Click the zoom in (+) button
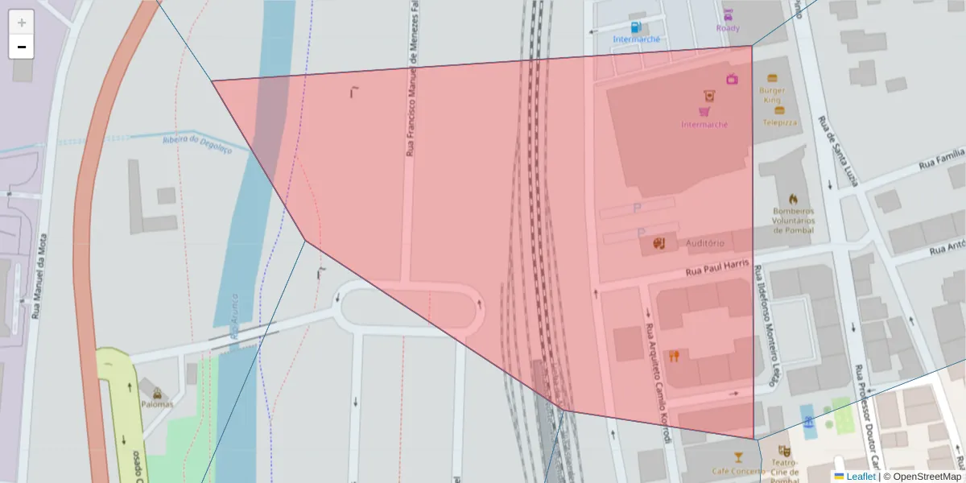(22, 23)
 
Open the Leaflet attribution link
(860, 477)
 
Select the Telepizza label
(779, 122)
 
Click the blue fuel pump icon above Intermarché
(636, 27)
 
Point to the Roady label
(728, 28)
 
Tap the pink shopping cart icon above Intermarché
(704, 112)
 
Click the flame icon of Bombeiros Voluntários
(794, 199)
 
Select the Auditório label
(705, 243)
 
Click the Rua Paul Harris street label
(717, 268)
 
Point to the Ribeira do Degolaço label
(196, 143)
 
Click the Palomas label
(156, 404)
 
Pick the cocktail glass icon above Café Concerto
(738, 457)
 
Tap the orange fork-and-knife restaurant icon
(674, 356)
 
